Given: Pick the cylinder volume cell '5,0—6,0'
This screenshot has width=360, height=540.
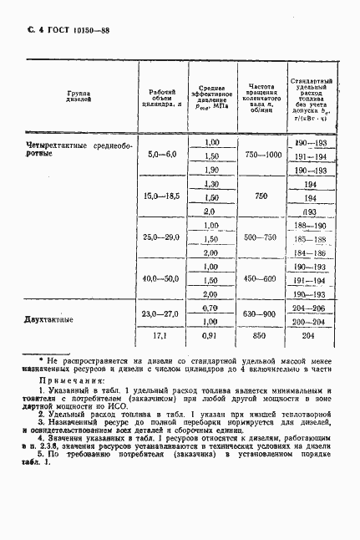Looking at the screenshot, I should click(162, 155).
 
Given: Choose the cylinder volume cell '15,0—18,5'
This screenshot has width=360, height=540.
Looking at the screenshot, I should click(162, 196).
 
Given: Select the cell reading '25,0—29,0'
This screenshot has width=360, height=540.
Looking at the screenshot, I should click(162, 238).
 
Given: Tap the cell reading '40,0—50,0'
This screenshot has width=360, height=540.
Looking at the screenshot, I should click(162, 278).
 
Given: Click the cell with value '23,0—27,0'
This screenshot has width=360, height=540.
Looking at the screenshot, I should click(162, 313).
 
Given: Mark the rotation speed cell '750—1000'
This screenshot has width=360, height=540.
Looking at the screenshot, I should click(261, 155).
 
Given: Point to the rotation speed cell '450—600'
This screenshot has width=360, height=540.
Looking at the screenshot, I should click(261, 278).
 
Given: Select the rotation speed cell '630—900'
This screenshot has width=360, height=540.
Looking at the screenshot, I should click(261, 313).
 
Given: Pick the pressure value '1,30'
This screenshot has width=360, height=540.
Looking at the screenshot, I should click(210, 184).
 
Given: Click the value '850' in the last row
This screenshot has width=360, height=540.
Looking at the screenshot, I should click(261, 337).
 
